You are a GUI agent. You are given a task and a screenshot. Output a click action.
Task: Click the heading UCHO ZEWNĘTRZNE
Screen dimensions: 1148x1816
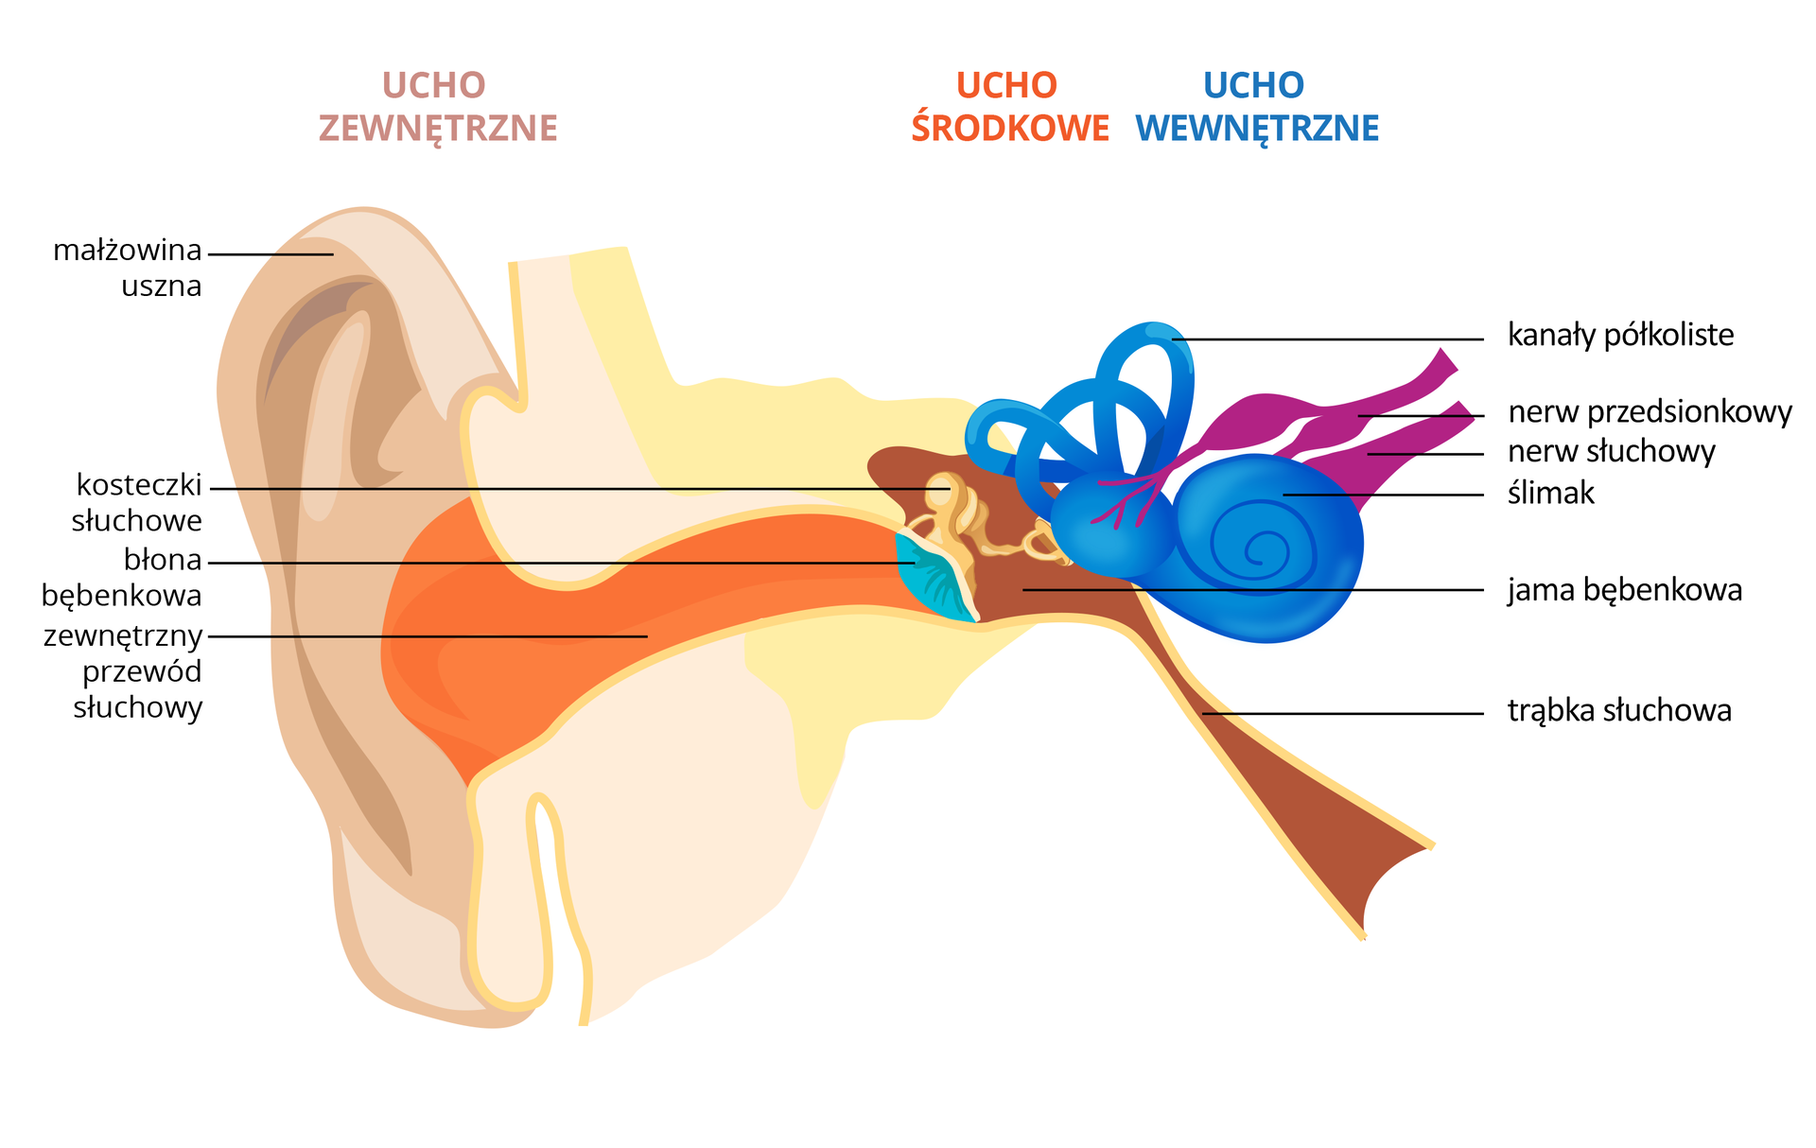click(x=437, y=107)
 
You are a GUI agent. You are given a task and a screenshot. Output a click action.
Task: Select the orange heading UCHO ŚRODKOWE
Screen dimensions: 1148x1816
click(x=1009, y=107)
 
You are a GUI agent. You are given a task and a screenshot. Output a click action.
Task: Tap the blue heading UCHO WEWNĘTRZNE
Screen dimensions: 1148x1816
click(x=1256, y=107)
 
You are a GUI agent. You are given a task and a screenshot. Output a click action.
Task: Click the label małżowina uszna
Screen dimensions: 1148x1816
click(x=128, y=268)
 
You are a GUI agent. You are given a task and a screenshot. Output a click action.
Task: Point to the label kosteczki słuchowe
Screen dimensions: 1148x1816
click(x=138, y=502)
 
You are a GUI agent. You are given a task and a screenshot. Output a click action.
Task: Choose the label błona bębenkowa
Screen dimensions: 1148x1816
click(x=123, y=577)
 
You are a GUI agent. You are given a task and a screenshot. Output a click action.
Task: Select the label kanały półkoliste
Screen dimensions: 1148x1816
click(x=1620, y=335)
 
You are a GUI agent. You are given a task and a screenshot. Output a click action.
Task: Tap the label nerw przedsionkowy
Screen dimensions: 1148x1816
click(x=1650, y=412)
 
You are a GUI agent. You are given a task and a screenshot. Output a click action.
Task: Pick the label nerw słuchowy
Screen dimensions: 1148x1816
click(x=1611, y=451)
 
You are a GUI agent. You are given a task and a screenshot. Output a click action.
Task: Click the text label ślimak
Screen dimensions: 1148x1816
click(x=1550, y=493)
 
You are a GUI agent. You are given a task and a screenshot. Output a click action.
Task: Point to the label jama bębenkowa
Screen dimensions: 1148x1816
click(x=1624, y=590)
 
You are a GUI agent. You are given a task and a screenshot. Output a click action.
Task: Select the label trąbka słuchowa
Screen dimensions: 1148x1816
click(x=1619, y=710)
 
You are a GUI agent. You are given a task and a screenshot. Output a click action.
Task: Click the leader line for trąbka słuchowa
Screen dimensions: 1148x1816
click(x=1343, y=713)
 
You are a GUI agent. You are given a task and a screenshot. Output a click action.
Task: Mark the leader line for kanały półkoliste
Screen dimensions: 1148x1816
click(x=1324, y=339)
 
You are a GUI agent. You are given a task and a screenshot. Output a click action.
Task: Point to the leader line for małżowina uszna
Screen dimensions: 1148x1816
click(x=271, y=254)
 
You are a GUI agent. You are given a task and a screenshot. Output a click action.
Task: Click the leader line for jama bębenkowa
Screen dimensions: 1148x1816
click(x=1248, y=590)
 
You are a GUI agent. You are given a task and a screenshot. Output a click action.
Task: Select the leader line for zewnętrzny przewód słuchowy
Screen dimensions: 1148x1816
click(x=426, y=636)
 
